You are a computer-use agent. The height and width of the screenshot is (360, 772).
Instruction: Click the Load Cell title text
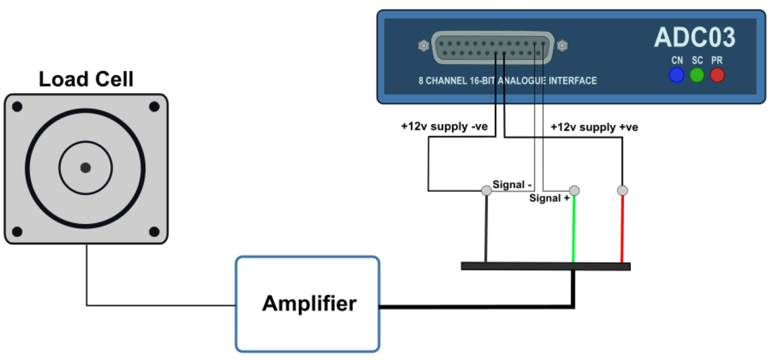pos(86,79)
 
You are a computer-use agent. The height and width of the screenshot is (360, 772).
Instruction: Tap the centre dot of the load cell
pos(86,168)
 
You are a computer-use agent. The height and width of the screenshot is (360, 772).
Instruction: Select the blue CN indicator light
pos(677,74)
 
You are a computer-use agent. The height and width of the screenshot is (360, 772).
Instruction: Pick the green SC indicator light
pos(697,74)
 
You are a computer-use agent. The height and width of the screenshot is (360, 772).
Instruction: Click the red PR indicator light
pos(717,74)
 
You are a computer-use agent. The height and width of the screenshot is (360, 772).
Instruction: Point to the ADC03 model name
pos(695,37)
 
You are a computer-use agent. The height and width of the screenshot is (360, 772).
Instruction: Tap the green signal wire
pos(574,228)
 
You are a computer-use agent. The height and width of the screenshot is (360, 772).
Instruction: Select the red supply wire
pos(622,228)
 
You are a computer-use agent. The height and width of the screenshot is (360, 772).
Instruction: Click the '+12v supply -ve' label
pos(444,127)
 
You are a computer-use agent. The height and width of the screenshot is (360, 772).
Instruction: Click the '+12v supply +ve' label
pos(594,127)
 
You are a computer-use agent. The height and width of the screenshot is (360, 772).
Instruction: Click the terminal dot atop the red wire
pos(622,190)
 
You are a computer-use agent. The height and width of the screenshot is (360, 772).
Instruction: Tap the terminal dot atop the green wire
pos(574,190)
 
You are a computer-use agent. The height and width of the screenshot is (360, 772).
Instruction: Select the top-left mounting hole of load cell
pos(18,107)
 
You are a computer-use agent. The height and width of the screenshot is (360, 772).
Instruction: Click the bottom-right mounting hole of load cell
pos(154,232)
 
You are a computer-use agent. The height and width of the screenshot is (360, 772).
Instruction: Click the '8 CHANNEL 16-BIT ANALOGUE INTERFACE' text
pos(507,81)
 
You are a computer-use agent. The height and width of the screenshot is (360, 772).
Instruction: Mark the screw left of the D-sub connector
pos(423,46)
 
